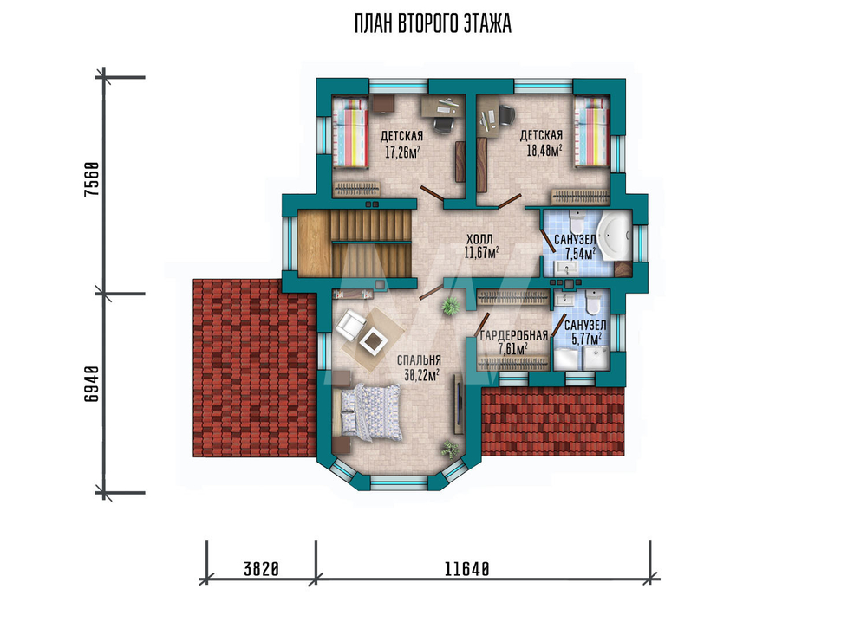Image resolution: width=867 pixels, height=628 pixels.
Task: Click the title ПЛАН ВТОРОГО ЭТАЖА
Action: pyautogui.click(x=433, y=24)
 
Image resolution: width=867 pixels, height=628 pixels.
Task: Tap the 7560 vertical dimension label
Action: pyautogui.click(x=92, y=179)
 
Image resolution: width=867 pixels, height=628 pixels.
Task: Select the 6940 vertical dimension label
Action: pyautogui.click(x=92, y=384)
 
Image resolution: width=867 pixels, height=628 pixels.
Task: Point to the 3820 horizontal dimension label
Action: pyautogui.click(x=261, y=569)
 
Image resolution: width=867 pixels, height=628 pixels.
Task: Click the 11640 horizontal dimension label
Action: pyautogui.click(x=466, y=569)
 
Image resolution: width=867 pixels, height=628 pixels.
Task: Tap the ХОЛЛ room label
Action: pyautogui.click(x=479, y=240)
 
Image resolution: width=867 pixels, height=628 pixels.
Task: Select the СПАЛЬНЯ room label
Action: pyautogui.click(x=419, y=360)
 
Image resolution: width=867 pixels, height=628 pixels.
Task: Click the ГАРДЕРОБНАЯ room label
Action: pyautogui.click(x=513, y=336)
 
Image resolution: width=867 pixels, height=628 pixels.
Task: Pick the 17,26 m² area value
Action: pyautogui.click(x=401, y=152)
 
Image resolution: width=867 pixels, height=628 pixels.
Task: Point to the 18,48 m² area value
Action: pyautogui.click(x=544, y=150)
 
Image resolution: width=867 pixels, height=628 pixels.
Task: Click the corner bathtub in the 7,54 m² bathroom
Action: pyautogui.click(x=615, y=236)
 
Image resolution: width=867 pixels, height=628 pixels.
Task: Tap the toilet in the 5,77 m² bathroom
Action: pyautogui.click(x=594, y=302)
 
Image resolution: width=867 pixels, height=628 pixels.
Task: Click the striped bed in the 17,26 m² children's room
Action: pyautogui.click(x=350, y=132)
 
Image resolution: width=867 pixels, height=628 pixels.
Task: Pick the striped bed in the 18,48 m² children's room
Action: pyautogui.click(x=591, y=132)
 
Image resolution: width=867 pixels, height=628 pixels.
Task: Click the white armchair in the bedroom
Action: pyautogui.click(x=349, y=325)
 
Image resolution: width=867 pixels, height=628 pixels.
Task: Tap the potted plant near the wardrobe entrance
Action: pyautogui.click(x=451, y=305)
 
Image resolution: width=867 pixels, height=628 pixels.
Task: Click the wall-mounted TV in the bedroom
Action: pyautogui.click(x=459, y=404)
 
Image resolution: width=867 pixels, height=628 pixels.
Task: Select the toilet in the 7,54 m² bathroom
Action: pyautogui.click(x=577, y=223)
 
